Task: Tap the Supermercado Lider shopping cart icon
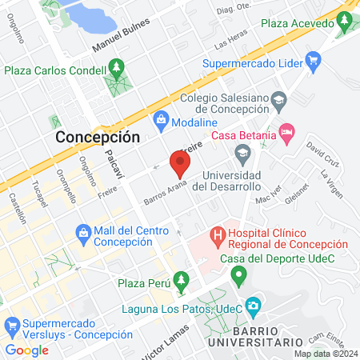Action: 313,61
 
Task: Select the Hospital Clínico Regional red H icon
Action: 216,236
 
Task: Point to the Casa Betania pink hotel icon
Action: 286,131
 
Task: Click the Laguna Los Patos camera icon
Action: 254,305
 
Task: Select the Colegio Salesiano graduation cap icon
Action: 278,99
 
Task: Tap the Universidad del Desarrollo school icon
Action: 240,151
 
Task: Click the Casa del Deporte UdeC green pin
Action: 238,277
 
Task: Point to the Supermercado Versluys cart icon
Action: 12,326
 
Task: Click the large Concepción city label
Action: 98,137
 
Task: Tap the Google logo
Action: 26,350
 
